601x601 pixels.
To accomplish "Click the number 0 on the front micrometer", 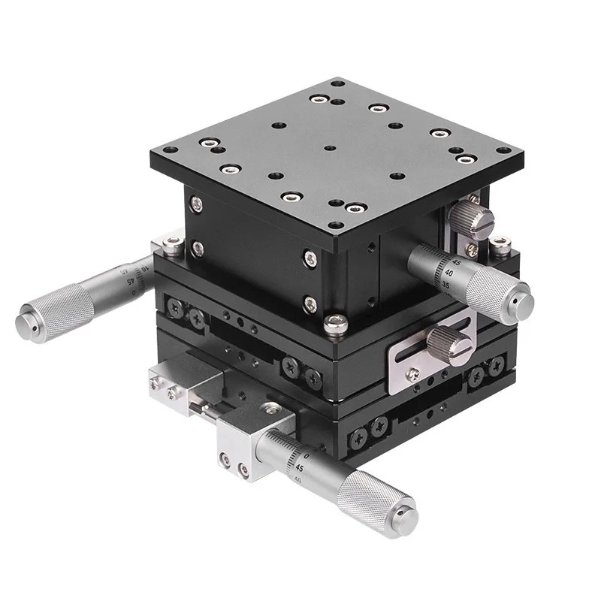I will pyautogui.click(x=306, y=455).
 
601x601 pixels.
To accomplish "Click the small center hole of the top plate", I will pyautogui.click(x=328, y=149).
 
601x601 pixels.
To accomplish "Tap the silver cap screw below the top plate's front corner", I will pyautogui.click(x=337, y=325).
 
